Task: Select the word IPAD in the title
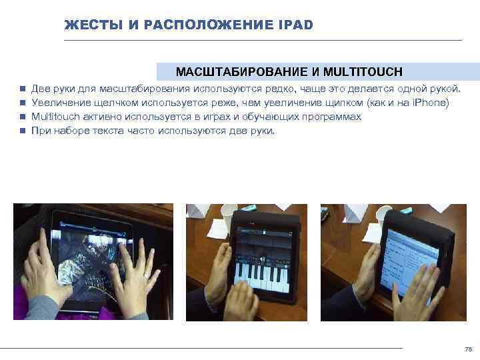[x=293, y=25]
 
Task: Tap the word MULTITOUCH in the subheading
[x=370, y=71]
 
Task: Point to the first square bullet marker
[x=22, y=89]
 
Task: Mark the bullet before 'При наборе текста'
[x=22, y=131]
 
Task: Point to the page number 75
[x=467, y=349]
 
